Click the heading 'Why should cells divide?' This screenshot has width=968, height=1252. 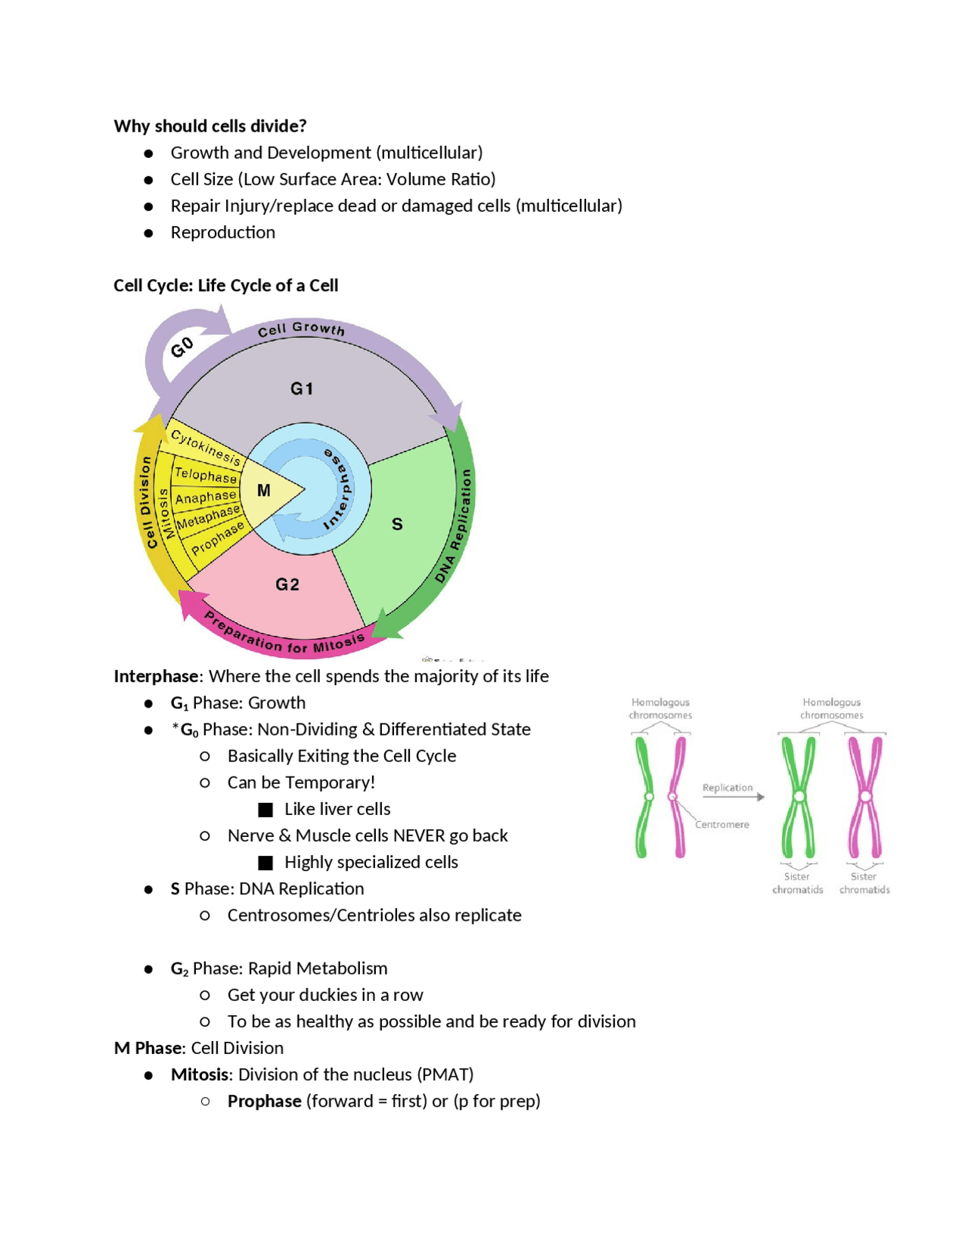click(209, 126)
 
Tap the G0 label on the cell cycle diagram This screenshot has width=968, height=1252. click(182, 348)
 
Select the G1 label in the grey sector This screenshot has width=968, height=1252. click(302, 389)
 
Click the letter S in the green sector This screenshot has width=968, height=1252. click(397, 524)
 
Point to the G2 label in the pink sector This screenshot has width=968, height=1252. click(287, 584)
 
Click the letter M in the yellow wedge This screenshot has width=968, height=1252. click(264, 491)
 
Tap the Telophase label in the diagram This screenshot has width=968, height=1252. click(206, 475)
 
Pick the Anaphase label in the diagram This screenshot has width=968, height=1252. click(206, 497)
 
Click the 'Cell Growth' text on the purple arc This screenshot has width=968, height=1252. click(301, 329)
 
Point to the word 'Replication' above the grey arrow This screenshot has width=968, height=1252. click(728, 788)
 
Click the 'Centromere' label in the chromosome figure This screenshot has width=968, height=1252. click(722, 824)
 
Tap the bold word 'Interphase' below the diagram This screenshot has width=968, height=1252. click(157, 676)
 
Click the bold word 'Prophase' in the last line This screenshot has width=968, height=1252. click(265, 1101)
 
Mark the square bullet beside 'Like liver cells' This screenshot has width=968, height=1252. click(265, 810)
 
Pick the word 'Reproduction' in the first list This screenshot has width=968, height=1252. click(223, 232)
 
